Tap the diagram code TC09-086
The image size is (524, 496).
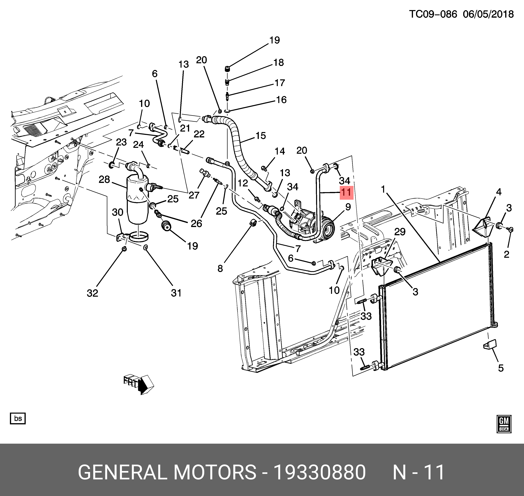433,14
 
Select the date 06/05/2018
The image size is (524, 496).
488,14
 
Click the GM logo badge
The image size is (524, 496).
504,424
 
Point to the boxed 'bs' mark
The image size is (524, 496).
18,418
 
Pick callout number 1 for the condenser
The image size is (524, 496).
383,189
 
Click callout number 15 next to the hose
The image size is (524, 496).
261,136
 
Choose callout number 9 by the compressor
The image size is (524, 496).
348,207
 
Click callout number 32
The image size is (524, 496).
92,293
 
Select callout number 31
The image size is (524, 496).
176,293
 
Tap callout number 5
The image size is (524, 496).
501,368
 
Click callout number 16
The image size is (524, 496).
281,100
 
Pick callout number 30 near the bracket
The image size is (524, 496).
118,212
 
